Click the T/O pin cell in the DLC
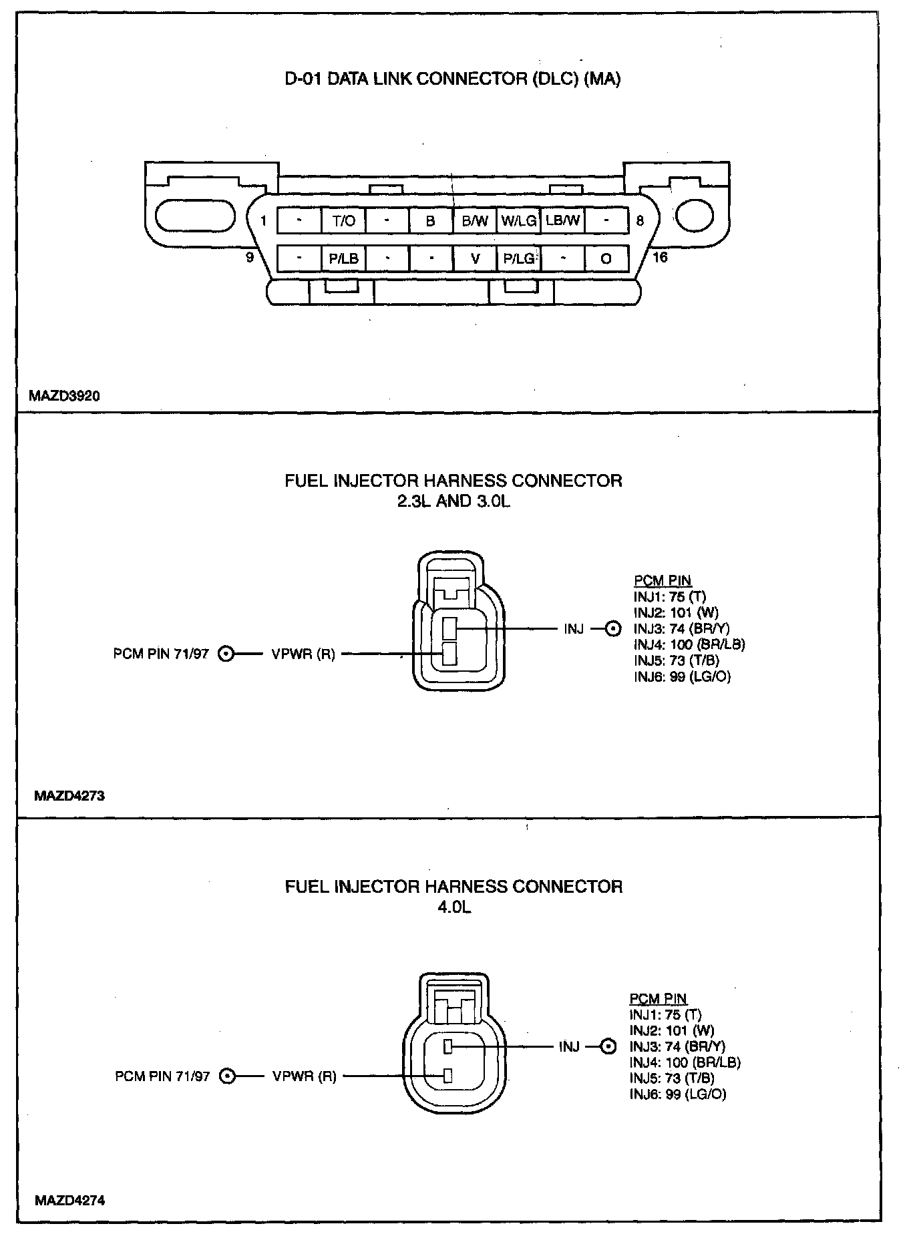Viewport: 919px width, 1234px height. (x=343, y=221)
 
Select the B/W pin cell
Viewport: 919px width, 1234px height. (x=475, y=221)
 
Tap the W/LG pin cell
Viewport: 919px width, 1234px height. (x=519, y=221)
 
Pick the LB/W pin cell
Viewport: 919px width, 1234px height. (x=562, y=220)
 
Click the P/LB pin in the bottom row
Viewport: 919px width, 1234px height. (x=343, y=258)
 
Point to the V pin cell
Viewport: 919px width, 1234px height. (x=475, y=258)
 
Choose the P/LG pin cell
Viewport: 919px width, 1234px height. (x=519, y=258)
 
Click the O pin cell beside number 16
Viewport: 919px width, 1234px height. (x=606, y=258)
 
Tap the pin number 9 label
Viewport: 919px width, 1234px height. (x=250, y=257)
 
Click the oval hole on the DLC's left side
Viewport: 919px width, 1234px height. (x=195, y=216)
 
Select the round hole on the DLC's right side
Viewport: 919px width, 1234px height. (x=695, y=215)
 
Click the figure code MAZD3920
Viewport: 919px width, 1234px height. (x=64, y=396)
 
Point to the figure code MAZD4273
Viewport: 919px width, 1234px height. (x=69, y=796)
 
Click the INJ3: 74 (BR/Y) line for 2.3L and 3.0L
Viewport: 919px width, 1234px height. (x=681, y=628)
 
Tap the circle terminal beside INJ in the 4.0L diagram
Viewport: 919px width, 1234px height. (x=608, y=1047)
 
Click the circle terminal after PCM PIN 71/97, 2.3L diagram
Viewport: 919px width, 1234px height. (x=226, y=654)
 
